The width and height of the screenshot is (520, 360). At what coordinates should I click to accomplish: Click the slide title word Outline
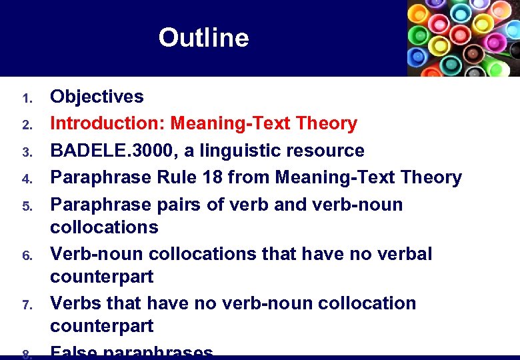tap(203, 38)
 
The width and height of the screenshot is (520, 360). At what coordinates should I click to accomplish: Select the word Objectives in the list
tap(97, 97)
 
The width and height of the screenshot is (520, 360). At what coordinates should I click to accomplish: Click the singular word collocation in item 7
tap(367, 303)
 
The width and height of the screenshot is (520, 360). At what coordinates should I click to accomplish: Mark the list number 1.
tap(27, 99)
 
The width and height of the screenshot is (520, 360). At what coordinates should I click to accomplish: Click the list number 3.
tap(27, 153)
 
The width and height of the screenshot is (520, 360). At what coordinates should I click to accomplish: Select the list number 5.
tap(27, 206)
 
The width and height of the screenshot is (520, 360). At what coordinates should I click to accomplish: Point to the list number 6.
tap(27, 256)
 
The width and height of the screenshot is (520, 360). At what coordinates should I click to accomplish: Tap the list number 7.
tap(27, 305)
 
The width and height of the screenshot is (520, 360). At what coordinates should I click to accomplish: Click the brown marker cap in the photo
tap(473, 53)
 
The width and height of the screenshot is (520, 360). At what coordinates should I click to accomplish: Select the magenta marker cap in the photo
tap(493, 42)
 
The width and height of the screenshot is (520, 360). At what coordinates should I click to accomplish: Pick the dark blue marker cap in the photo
tap(418, 57)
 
